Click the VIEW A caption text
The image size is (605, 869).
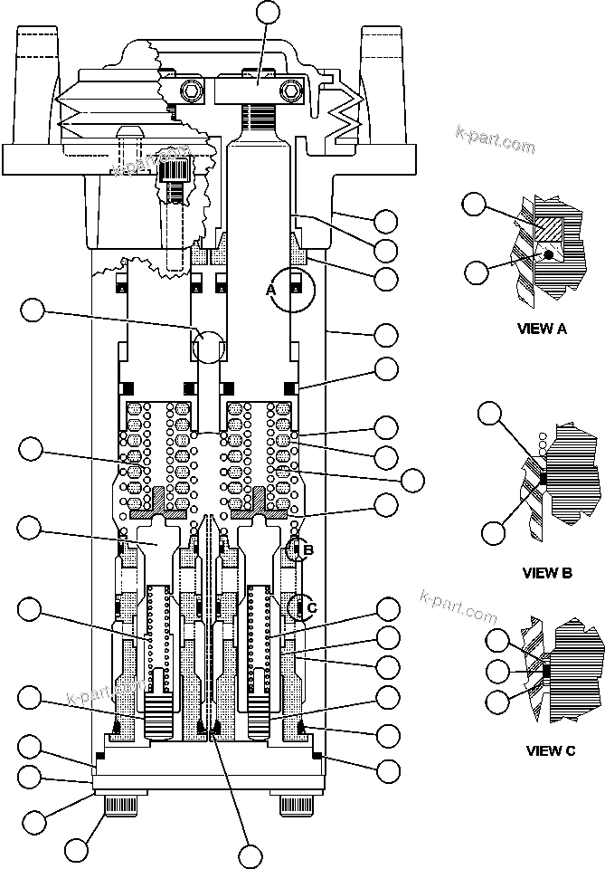point(542,329)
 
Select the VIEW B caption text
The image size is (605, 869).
point(547,572)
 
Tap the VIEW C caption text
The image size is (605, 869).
point(551,750)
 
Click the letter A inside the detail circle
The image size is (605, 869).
point(269,290)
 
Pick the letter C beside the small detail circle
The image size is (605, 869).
point(311,607)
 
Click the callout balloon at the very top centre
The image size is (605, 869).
point(269,12)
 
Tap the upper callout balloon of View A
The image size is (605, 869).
point(474,204)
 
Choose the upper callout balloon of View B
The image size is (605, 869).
point(489,415)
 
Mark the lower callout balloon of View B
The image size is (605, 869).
point(493,533)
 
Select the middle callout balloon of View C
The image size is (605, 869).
point(497,671)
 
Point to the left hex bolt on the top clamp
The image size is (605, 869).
point(192,91)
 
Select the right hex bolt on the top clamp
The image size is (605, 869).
point(291,91)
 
